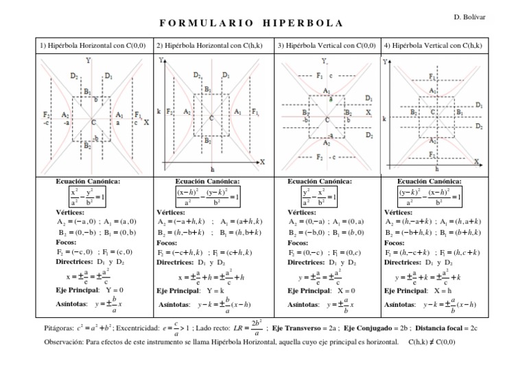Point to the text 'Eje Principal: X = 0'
[x=316, y=290]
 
